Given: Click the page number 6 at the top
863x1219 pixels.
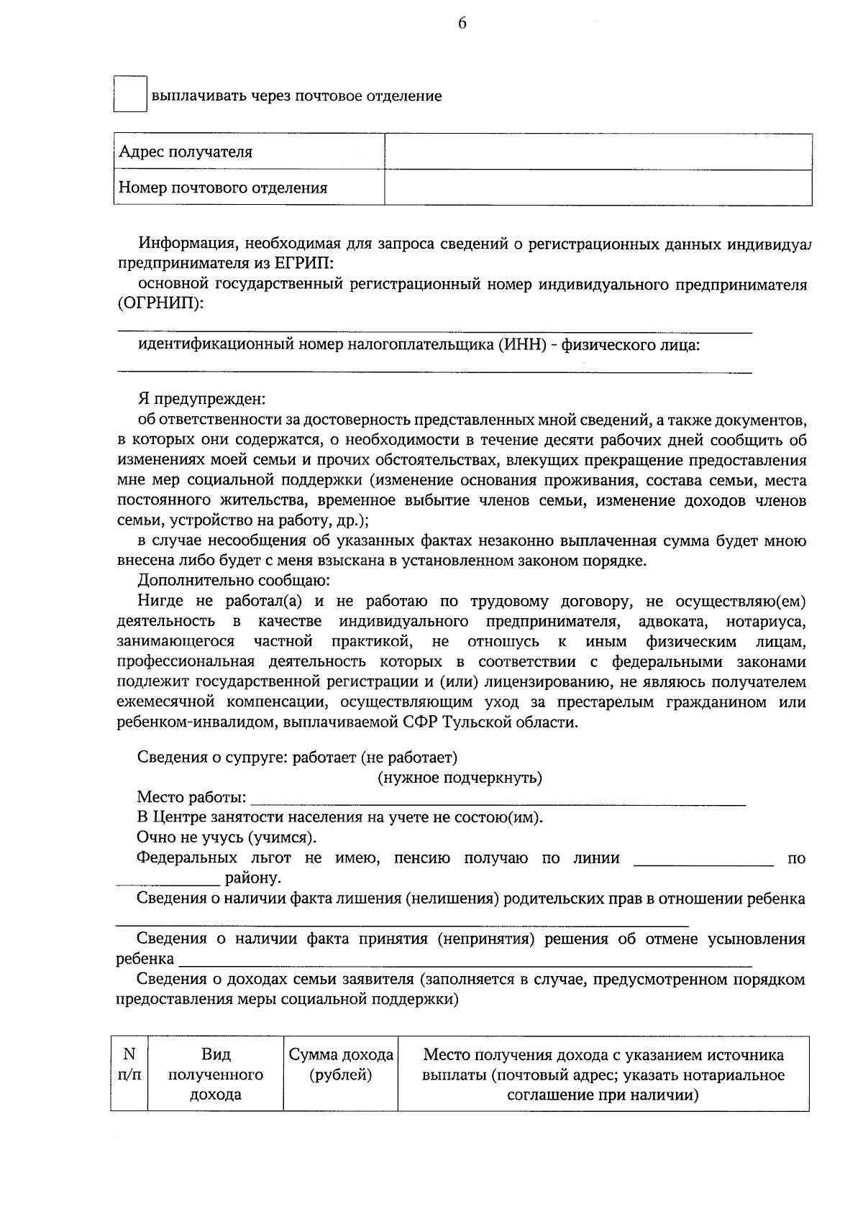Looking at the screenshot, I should (x=462, y=24).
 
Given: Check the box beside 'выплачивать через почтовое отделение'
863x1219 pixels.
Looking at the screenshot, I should (x=130, y=94).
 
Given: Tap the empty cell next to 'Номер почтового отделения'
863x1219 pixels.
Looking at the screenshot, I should (x=598, y=188).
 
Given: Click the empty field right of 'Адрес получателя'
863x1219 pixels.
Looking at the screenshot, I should (x=598, y=152).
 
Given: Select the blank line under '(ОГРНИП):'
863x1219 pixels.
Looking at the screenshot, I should (x=434, y=331).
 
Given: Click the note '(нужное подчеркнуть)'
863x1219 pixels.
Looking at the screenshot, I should (x=460, y=778).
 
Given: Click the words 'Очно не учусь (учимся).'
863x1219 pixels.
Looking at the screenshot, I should (x=227, y=837).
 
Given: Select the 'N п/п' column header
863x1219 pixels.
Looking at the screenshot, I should (x=129, y=1065).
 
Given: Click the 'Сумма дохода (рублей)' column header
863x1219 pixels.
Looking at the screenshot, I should (x=341, y=1065).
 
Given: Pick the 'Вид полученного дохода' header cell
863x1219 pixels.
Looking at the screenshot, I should (x=216, y=1075).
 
